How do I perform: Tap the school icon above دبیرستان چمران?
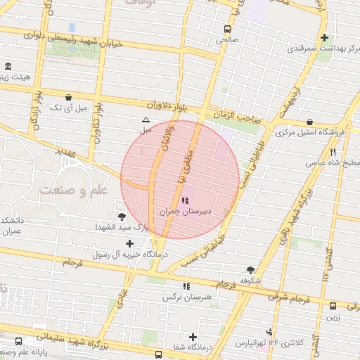[185, 201]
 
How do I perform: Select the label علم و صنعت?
[72, 191]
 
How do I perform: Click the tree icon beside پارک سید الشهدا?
[122, 217]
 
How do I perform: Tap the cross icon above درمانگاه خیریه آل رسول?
[130, 243]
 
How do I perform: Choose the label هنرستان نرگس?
[186, 296]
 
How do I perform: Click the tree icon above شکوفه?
[250, 270]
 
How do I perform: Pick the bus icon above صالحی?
[227, 30]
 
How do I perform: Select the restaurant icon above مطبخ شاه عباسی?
[333, 152]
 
